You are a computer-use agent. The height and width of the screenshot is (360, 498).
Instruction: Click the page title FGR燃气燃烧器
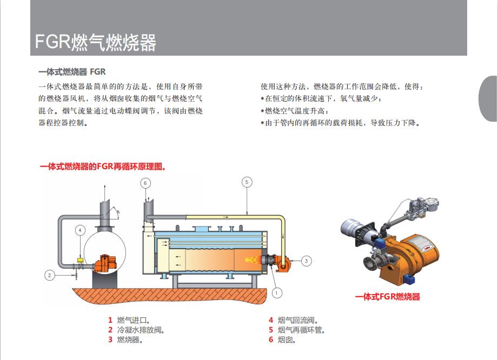click(95, 42)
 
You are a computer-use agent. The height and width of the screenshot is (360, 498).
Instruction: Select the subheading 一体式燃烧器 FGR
click(72, 72)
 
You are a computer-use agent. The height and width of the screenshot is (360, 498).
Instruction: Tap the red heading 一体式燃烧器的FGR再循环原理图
click(103, 166)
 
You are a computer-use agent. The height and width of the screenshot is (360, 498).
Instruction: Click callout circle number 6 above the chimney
click(145, 183)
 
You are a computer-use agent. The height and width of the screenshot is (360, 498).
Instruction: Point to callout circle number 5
click(247, 182)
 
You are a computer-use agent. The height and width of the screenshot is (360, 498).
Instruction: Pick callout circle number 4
click(80, 230)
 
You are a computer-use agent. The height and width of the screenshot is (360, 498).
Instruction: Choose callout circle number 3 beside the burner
click(306, 261)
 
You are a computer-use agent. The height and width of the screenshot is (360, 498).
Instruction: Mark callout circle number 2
click(50, 275)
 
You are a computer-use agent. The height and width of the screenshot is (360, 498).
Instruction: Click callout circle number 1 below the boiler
click(277, 292)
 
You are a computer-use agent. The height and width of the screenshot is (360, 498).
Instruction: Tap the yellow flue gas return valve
click(81, 261)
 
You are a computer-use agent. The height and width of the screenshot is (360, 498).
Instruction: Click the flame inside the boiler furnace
click(253, 259)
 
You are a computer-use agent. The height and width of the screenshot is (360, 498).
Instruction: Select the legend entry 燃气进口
click(129, 320)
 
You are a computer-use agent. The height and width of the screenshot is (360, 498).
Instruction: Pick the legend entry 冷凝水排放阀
click(136, 330)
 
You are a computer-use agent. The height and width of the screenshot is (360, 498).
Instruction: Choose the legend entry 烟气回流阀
click(293, 320)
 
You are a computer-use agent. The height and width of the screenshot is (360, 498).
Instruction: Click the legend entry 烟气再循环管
click(297, 330)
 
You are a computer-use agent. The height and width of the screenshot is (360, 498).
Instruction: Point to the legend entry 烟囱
click(282, 339)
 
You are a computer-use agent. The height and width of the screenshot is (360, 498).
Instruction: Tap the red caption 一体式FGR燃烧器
click(388, 297)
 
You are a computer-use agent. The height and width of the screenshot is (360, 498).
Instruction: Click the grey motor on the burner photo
click(353, 229)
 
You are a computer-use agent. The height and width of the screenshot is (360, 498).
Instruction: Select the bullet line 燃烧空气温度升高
click(294, 111)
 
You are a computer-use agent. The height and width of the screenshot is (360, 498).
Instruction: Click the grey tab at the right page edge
click(488, 98)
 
